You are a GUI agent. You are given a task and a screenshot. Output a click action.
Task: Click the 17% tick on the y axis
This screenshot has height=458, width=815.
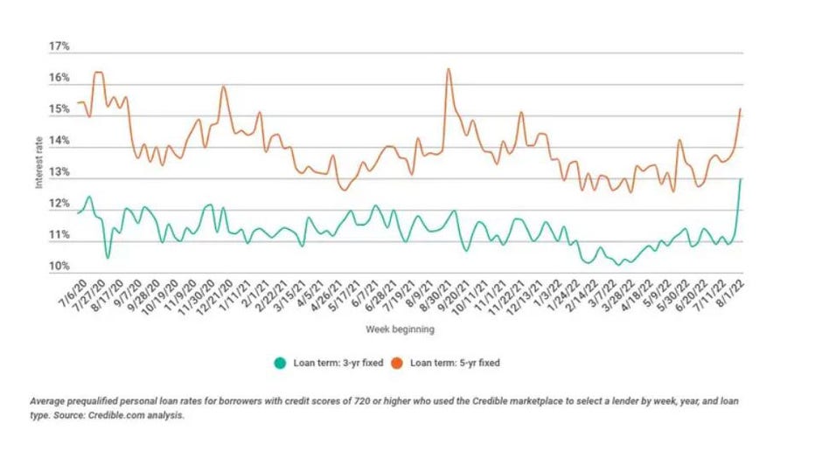[59, 46]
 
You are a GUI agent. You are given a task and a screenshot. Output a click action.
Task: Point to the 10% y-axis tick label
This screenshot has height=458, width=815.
[59, 267]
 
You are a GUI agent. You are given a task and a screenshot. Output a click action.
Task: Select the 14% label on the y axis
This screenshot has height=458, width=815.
[59, 141]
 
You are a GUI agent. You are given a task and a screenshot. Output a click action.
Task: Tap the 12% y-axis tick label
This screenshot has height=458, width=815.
[59, 204]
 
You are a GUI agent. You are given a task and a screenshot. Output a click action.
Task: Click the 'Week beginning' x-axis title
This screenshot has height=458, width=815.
[399, 330]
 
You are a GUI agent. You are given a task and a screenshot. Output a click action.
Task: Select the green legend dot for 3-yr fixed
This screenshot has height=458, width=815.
[280, 361]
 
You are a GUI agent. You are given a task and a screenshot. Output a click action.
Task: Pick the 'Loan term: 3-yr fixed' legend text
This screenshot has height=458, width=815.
[331, 361]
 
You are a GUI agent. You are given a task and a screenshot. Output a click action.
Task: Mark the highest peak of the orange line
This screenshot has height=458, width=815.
[449, 69]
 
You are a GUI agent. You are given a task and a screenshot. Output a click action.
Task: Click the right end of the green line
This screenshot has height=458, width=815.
[741, 179]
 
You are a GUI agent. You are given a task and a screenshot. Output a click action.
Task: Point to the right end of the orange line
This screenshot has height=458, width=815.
[741, 109]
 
